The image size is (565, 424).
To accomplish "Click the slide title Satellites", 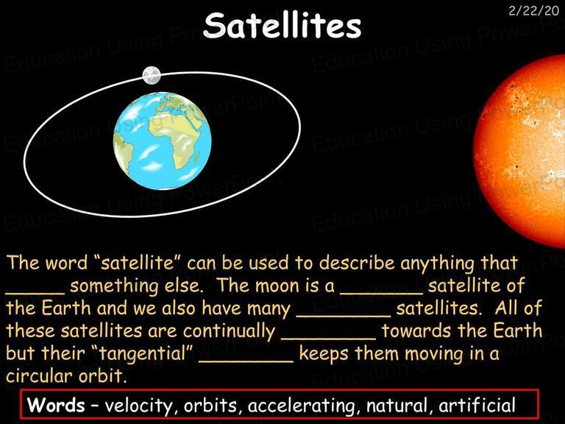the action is click(282, 25).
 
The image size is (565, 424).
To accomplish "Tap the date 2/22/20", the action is click(533, 11).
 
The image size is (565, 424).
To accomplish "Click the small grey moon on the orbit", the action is click(152, 75).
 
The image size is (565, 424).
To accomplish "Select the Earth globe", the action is click(162, 141).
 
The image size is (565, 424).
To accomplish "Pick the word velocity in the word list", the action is click(139, 406).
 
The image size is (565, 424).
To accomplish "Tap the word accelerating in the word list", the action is click(301, 406).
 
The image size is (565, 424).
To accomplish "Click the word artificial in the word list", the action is click(477, 405).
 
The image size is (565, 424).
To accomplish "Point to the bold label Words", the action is click(56, 405).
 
